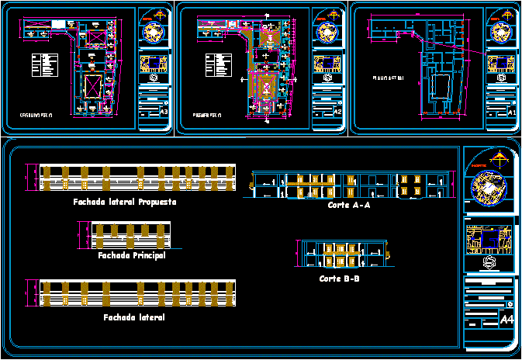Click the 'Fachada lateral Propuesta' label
[125, 202]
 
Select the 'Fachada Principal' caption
[132, 255]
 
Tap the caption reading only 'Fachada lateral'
[133, 317]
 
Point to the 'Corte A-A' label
[349, 206]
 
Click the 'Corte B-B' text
[339, 278]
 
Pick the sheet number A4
[507, 320]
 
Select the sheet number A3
[164, 112]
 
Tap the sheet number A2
[337, 112]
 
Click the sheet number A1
[511, 112]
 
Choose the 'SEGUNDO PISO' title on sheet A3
[36, 115]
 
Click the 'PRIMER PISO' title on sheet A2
[207, 115]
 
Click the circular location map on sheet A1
[501, 36]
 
